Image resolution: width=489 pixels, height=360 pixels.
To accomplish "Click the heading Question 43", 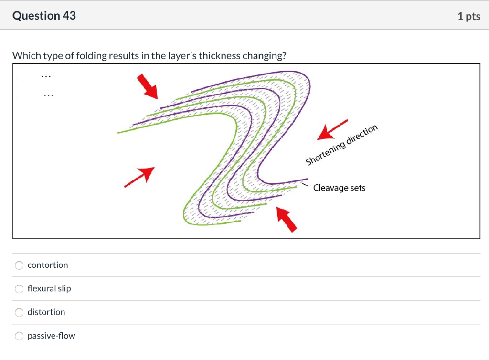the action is click(44, 16).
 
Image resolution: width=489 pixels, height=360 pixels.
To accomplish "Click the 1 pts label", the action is click(469, 16).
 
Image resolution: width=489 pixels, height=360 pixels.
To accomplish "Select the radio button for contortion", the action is click(19, 265).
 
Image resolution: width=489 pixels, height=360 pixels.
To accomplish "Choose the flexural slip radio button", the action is click(19, 289).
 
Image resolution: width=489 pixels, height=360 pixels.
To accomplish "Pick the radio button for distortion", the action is click(19, 312).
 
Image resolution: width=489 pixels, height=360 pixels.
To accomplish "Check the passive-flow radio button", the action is click(19, 336).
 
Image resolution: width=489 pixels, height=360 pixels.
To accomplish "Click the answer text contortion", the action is click(48, 265).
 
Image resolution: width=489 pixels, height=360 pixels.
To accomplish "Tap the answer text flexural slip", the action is click(49, 289).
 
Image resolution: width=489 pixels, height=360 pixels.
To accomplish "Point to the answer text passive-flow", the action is click(52, 336).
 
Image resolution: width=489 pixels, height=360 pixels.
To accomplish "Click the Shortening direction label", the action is click(341, 145).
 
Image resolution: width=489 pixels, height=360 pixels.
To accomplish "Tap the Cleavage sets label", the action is click(340, 188).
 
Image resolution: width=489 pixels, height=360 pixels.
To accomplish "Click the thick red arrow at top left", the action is click(147, 86).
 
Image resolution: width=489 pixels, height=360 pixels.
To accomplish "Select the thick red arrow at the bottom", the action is click(287, 220).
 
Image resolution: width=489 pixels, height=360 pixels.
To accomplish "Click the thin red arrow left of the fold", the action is click(139, 177).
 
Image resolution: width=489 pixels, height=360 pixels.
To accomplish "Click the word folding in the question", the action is click(92, 56).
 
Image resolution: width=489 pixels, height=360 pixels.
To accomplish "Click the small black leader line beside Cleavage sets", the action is click(305, 185).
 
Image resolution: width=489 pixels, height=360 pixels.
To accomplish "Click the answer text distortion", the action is click(46, 312).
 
